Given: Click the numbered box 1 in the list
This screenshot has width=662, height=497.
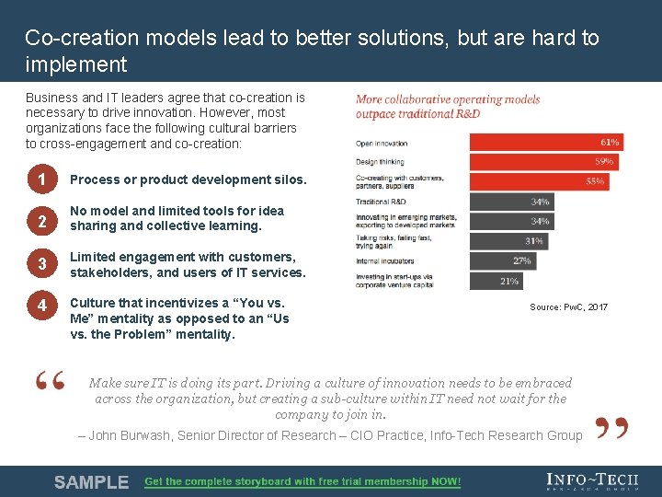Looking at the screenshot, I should click(42, 179).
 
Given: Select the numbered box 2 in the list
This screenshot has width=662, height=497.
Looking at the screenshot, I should click(42, 219).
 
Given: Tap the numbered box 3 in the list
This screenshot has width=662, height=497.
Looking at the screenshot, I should click(42, 265).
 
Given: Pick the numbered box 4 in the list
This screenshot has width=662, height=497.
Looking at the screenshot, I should click(42, 306).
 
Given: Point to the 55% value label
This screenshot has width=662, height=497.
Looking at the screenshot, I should click(595, 181).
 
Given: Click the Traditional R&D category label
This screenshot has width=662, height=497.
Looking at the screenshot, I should click(381, 201).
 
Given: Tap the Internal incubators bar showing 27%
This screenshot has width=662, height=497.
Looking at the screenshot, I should click(502, 260).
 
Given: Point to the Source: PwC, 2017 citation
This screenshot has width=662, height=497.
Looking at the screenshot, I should click(568, 307).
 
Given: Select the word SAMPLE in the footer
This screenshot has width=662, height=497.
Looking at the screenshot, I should click(91, 482).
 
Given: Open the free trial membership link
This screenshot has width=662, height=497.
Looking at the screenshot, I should click(302, 482).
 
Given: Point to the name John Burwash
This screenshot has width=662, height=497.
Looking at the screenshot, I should click(130, 435).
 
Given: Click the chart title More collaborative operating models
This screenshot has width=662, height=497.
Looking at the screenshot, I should click(448, 99).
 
